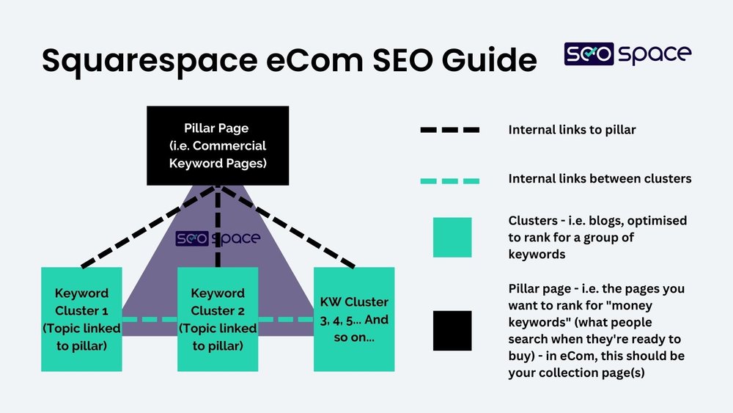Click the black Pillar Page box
point(218,145)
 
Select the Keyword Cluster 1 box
point(81,319)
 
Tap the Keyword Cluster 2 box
point(218,319)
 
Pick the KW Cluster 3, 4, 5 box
point(354,319)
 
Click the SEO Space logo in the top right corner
point(627,54)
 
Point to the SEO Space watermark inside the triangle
point(218,238)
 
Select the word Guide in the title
point(483,60)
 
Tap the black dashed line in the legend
point(450,130)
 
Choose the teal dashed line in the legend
point(450,180)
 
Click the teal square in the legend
point(452,237)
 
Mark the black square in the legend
point(452,331)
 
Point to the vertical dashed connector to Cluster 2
point(218,227)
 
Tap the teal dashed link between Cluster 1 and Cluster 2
point(150,319)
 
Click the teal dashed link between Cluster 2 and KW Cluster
point(286,319)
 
